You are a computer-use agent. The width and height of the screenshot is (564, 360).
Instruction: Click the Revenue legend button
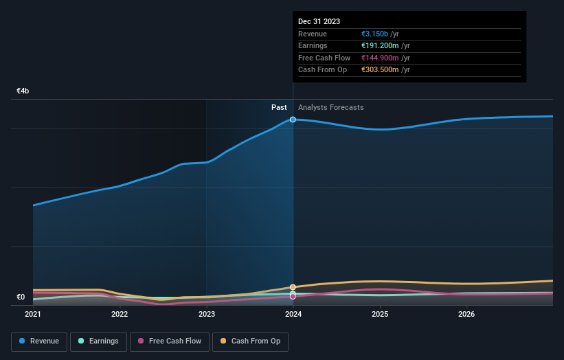39,341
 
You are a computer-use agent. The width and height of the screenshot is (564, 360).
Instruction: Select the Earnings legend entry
98,341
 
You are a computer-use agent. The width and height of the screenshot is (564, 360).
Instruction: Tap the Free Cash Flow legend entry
170,341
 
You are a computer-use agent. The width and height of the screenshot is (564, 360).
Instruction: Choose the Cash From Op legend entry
249,341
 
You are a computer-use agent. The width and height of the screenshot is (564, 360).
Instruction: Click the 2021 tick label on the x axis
33,314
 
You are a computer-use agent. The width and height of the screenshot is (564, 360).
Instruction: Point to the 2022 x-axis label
120,314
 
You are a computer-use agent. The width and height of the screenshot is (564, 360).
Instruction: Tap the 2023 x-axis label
207,314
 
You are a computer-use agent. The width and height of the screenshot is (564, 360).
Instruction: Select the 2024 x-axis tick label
293,314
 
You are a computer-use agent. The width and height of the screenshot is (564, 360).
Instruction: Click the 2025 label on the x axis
380,314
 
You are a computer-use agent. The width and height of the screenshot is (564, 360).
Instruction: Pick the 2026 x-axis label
466,314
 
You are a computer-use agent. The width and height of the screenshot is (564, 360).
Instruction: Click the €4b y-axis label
23,91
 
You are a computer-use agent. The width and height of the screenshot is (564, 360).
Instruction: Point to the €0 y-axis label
21,297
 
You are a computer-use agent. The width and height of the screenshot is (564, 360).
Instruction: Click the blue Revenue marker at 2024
293,120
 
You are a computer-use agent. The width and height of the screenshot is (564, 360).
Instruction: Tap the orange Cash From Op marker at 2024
293,287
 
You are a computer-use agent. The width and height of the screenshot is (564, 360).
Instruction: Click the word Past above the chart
279,107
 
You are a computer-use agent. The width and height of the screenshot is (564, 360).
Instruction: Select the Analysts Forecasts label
331,107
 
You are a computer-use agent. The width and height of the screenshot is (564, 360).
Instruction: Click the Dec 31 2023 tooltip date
319,22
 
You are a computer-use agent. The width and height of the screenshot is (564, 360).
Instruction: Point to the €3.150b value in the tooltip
376,34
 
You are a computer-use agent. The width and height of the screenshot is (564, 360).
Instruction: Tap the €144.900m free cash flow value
380,58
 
